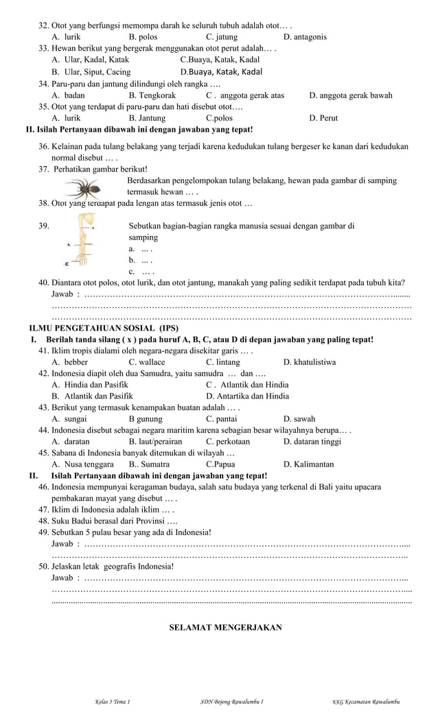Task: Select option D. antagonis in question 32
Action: coord(305,37)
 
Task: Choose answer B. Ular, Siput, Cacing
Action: coord(91,72)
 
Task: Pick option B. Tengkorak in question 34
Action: coord(152,95)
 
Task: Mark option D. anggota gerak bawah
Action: coord(351,95)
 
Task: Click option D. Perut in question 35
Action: coord(323,118)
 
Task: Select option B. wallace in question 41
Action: coord(147,362)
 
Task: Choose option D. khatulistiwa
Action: coord(310,362)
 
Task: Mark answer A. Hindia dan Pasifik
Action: coord(90,385)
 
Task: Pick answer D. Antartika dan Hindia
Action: coord(247,396)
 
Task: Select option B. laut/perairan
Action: coord(157,441)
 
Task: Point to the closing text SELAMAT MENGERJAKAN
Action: coord(225,627)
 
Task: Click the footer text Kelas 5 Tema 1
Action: coord(113,702)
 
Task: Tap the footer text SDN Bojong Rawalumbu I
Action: coord(227,702)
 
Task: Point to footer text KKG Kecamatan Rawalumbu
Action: coord(366,702)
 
